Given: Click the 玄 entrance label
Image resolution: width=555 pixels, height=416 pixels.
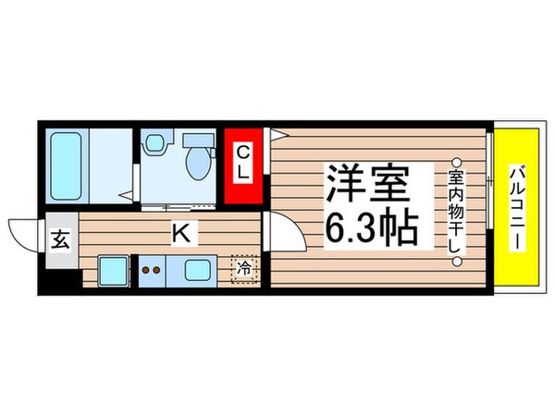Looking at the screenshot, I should coord(60,241).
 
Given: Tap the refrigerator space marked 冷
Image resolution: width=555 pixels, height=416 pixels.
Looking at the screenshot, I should coord(243,268).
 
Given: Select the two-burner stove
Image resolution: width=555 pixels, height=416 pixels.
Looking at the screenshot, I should coord(151,271).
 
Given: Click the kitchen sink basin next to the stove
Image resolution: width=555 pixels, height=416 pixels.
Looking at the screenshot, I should coord(197,271).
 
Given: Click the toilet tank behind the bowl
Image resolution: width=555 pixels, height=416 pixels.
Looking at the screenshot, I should coord(197,141).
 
